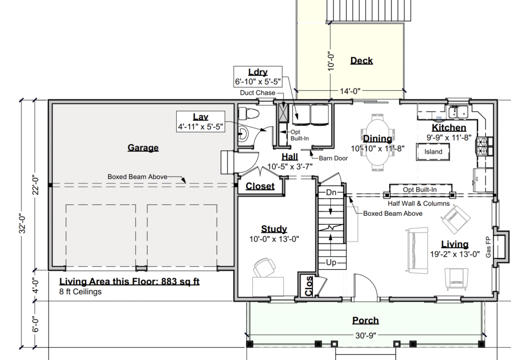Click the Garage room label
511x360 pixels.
(x=143, y=148)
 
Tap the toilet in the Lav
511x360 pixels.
(x=249, y=114)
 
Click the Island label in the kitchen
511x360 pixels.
(x=433, y=152)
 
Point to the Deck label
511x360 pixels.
(x=361, y=60)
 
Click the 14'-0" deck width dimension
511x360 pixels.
(x=350, y=91)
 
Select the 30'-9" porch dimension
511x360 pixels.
(x=366, y=335)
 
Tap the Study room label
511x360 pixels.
(x=274, y=229)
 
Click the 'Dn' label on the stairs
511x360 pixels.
(x=331, y=192)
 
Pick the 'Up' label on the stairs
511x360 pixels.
(x=331, y=262)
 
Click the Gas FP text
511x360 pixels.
(x=488, y=247)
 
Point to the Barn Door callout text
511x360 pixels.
(x=333, y=158)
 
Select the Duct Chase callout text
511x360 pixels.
(x=257, y=93)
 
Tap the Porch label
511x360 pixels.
(x=365, y=321)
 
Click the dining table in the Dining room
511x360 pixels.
(x=378, y=142)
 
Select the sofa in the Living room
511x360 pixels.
(x=417, y=250)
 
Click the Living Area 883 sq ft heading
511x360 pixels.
(x=129, y=282)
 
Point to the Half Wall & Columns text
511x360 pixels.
(x=419, y=204)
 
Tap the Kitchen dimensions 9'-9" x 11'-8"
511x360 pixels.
(x=449, y=138)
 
